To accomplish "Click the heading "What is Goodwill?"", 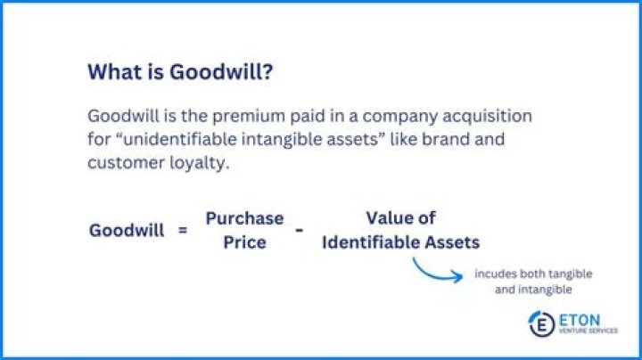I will point(180,72).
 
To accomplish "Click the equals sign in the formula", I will point(183,230).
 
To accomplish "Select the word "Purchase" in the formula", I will point(244,218).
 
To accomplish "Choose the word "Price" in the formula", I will point(244,241).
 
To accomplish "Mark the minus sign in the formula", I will point(299,230).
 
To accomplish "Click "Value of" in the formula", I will point(400,218).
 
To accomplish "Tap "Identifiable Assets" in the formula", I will point(400,241).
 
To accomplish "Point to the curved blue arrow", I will point(436,270).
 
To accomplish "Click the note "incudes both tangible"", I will point(533,273).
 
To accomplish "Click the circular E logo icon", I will point(540,323).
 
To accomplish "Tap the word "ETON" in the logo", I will point(580,318).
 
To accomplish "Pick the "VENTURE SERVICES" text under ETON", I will point(585,331).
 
